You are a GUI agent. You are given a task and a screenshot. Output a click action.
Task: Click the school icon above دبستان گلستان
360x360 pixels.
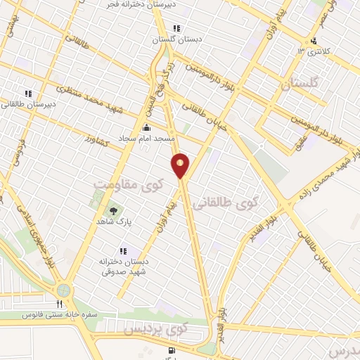pyautogui.click(x=176, y=29)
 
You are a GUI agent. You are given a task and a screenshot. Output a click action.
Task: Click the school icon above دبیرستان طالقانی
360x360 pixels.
pyautogui.click(x=29, y=93)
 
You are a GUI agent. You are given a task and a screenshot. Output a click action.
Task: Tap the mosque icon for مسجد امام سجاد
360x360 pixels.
pyautogui.click(x=146, y=128)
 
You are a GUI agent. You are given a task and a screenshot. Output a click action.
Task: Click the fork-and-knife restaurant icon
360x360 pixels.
pyautogui.click(x=60, y=304)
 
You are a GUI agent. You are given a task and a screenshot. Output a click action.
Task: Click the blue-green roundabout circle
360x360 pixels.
pyautogui.click(x=65, y=289)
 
